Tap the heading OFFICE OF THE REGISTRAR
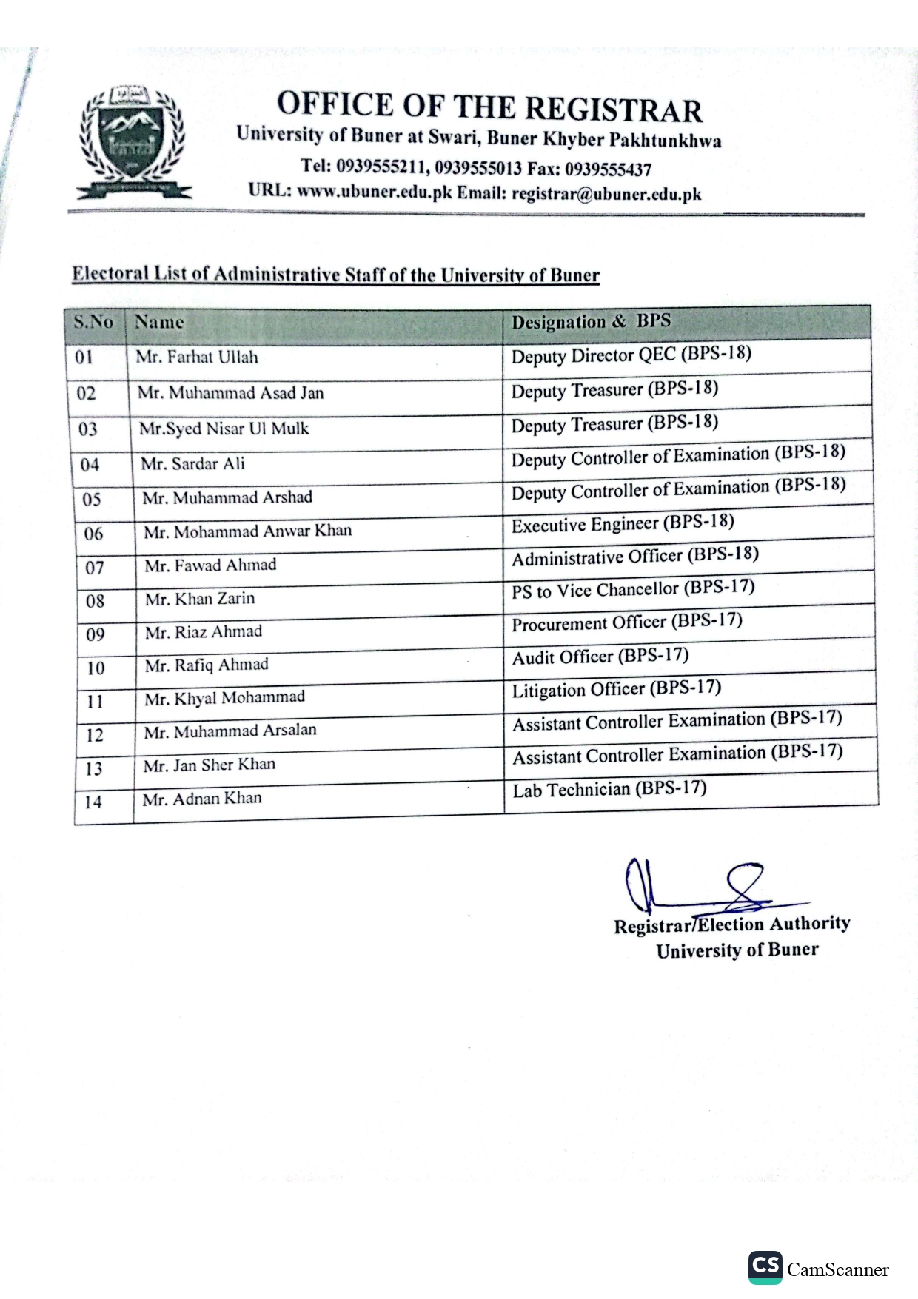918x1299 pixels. point(489,107)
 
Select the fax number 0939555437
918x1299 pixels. point(608,169)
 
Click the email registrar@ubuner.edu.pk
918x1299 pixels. point(606,195)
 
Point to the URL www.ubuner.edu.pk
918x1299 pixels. point(374,192)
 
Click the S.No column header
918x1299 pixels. point(93,323)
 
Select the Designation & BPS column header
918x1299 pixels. point(591,321)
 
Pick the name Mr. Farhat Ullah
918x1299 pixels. point(197,358)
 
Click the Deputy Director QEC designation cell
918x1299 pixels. point(631,355)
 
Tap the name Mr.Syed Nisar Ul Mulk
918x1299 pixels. point(224,429)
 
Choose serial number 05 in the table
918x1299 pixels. point(91,500)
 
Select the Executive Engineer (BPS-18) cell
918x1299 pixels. point(623,523)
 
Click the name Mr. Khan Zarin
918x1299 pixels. point(200,599)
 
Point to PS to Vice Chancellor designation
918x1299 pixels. point(633,589)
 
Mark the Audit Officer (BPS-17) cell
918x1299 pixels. point(600,657)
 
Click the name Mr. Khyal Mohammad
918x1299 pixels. point(224,698)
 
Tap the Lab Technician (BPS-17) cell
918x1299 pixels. point(609,789)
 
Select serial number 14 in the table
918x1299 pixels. point(93,802)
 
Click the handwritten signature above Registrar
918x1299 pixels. point(696,887)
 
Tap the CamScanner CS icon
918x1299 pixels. point(765,1266)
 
